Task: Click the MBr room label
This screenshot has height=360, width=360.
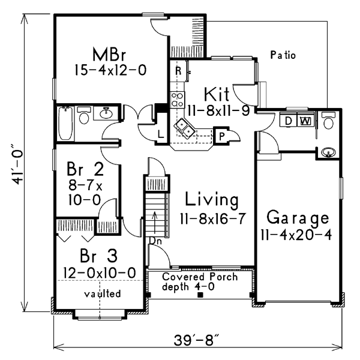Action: (x=109, y=55)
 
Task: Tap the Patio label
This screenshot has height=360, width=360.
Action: (x=283, y=55)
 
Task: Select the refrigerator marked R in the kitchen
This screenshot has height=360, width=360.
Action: (x=178, y=71)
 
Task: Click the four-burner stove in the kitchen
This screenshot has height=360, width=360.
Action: (x=177, y=100)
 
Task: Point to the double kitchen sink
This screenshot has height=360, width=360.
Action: (x=185, y=129)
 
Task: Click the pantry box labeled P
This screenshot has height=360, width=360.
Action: (x=221, y=136)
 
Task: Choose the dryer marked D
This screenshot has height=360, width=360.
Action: (x=288, y=121)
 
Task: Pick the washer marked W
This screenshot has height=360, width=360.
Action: (x=306, y=121)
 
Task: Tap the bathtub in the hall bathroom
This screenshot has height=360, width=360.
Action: (x=65, y=123)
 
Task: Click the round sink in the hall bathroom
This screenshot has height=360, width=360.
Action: (x=106, y=113)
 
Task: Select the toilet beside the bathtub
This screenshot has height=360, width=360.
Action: (x=84, y=115)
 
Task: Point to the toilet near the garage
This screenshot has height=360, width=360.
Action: (x=329, y=121)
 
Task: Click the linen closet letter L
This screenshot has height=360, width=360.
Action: (x=161, y=134)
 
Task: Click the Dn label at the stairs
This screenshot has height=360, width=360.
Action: (x=155, y=241)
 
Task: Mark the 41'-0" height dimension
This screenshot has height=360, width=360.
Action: (x=17, y=164)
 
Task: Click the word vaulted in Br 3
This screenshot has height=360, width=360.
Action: (x=103, y=293)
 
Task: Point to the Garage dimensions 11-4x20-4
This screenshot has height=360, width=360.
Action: (x=296, y=235)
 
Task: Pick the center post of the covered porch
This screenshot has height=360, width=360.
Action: (x=200, y=295)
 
